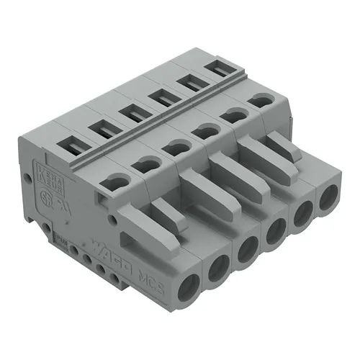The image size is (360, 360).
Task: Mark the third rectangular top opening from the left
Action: pos(132,113)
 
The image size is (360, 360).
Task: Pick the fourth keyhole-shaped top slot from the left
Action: pos(207,130)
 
